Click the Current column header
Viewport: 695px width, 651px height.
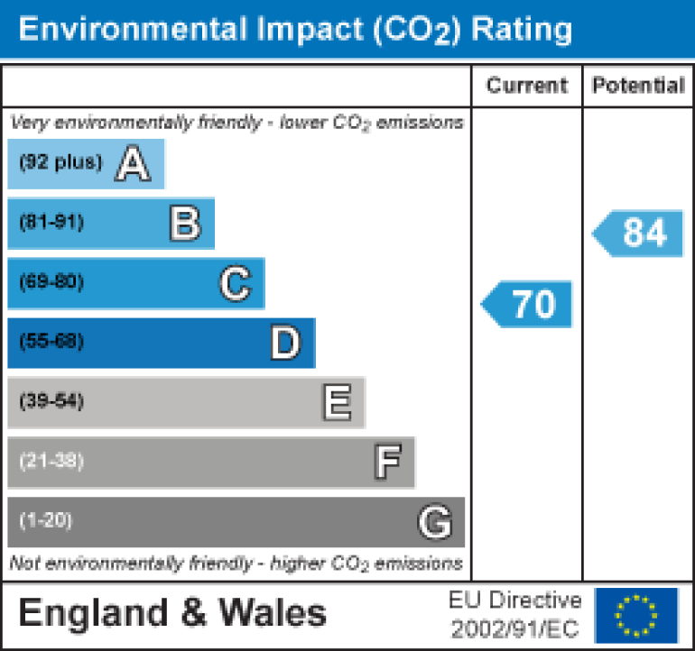point(527,86)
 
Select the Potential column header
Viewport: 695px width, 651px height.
point(638,86)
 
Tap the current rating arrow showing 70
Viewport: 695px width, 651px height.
point(529,304)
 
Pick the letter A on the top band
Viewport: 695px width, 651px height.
point(132,164)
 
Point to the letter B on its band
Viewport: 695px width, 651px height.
point(185,224)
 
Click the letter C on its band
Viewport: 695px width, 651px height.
point(235,284)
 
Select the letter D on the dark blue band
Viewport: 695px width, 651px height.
point(285,344)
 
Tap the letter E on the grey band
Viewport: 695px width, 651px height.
point(337,403)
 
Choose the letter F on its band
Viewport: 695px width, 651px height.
point(387,463)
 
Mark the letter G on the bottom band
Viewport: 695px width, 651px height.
point(434,522)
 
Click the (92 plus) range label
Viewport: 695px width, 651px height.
point(60,163)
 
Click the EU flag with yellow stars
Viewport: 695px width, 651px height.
point(637,614)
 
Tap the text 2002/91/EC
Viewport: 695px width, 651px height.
point(514,628)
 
